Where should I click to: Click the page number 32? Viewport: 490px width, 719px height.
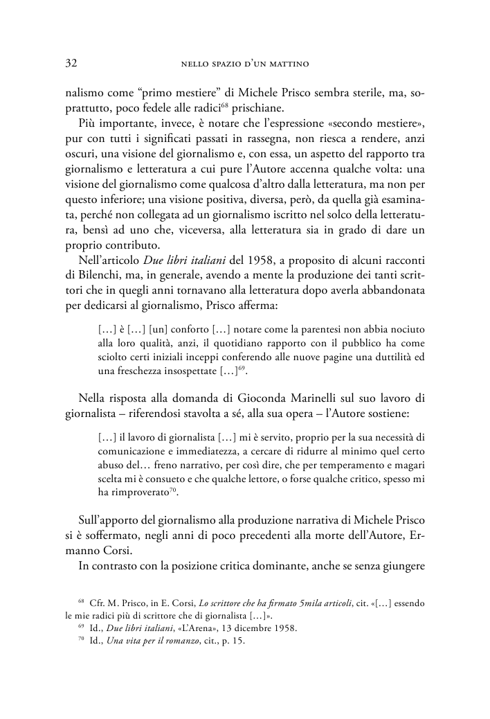pyautogui.click(x=71, y=64)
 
